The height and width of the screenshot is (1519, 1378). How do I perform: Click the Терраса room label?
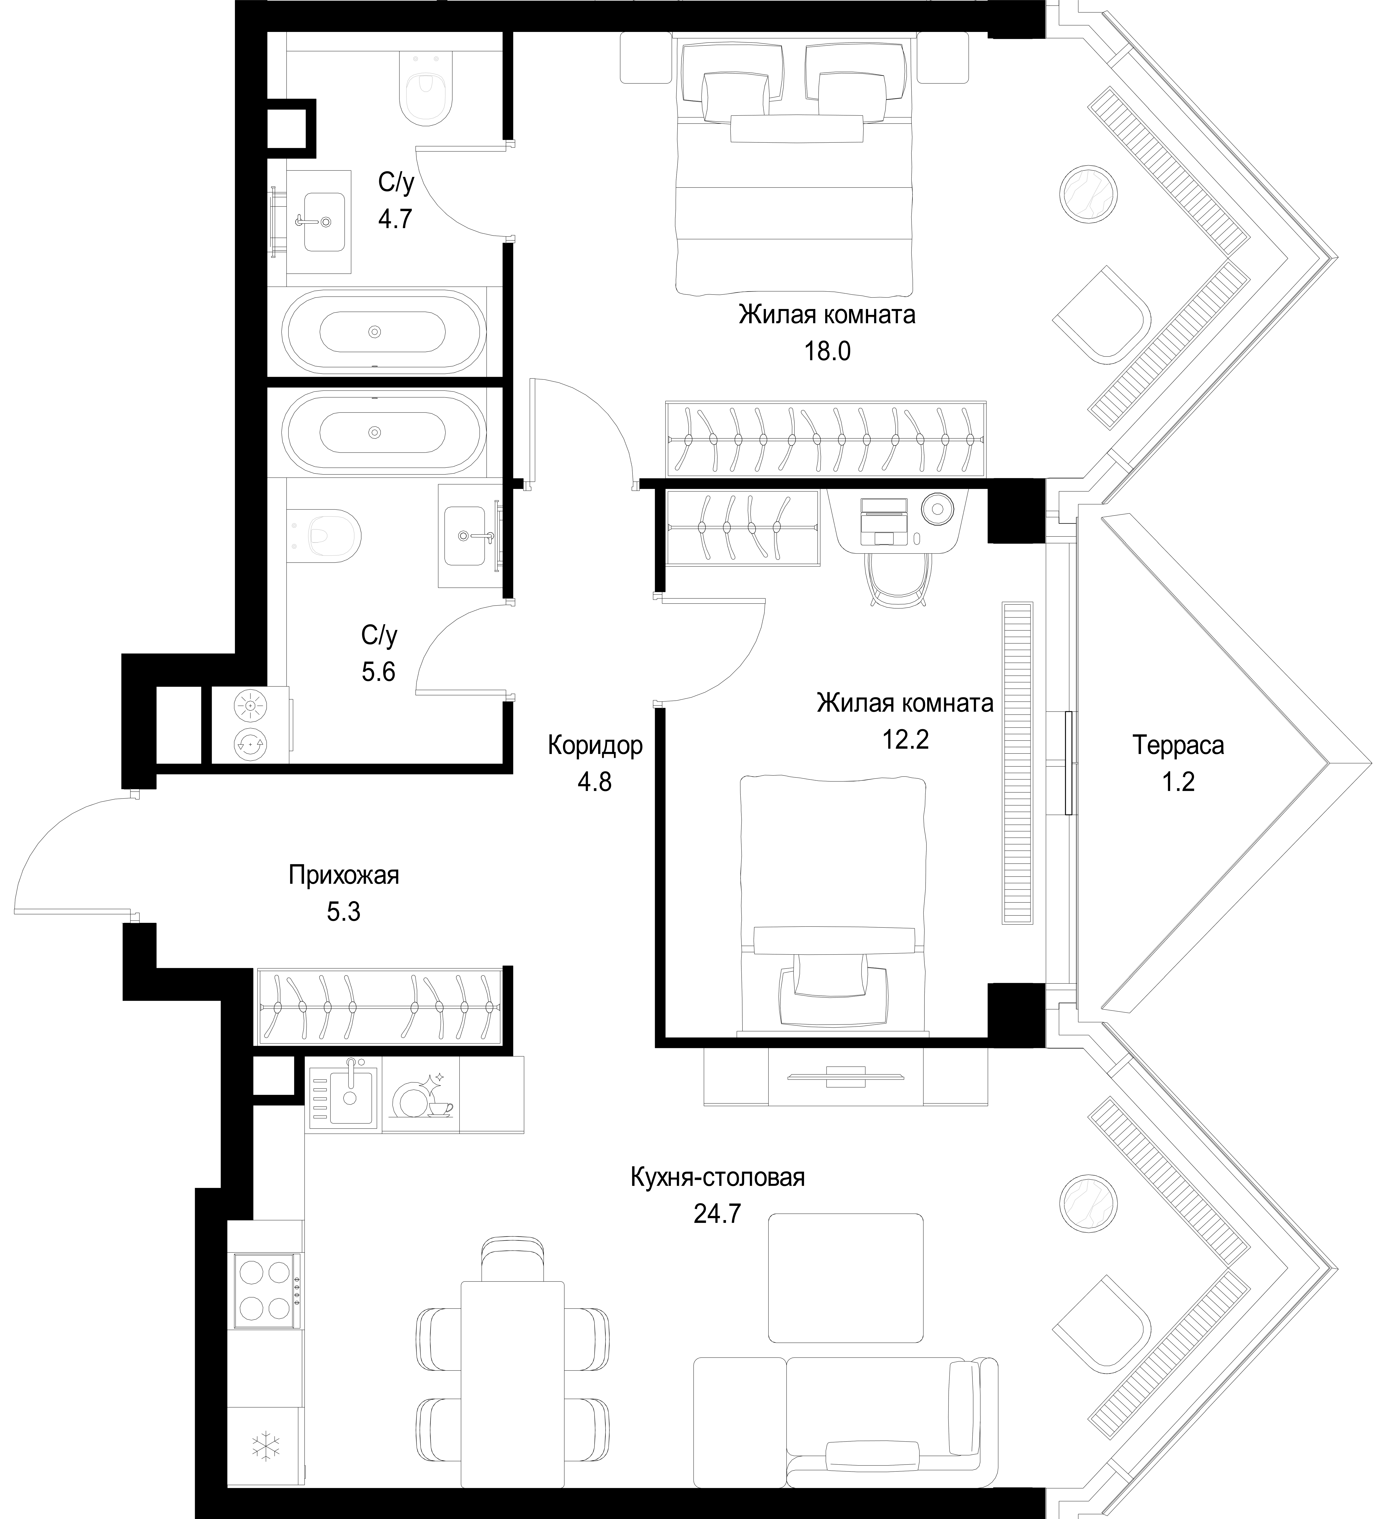point(1178,746)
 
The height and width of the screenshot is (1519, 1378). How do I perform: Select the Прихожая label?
point(344,876)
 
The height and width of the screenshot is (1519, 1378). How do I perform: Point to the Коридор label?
point(595,746)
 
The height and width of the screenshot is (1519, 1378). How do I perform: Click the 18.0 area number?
point(827,351)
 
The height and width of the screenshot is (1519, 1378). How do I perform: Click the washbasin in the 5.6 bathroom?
point(470,536)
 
